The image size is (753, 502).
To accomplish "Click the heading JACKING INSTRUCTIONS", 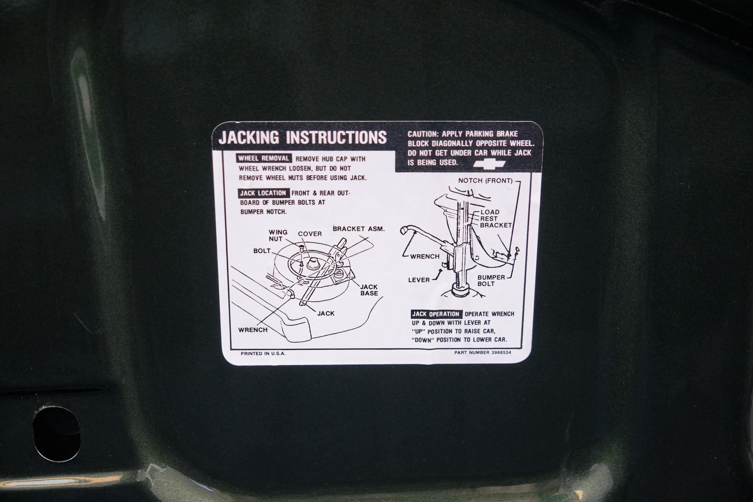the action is point(302,138).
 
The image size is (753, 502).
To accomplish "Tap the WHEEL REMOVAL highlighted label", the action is point(264,158).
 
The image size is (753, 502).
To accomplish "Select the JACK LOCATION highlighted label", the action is point(263,193).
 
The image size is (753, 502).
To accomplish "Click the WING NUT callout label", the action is point(278,235).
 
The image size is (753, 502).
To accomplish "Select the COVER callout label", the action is point(310,234).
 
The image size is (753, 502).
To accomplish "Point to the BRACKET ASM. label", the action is point(358,229).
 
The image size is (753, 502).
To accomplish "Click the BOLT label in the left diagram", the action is point(262,251).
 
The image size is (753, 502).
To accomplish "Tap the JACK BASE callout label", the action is point(369,290).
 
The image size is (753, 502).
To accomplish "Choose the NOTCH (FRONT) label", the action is point(486,181).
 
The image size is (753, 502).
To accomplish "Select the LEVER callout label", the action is point(419,280).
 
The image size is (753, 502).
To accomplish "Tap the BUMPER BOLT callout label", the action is point(491,280).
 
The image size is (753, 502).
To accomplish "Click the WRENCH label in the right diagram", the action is point(425,256).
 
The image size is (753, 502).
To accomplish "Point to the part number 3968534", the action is point(501,352).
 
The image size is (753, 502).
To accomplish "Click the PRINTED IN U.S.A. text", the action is point(263,353).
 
